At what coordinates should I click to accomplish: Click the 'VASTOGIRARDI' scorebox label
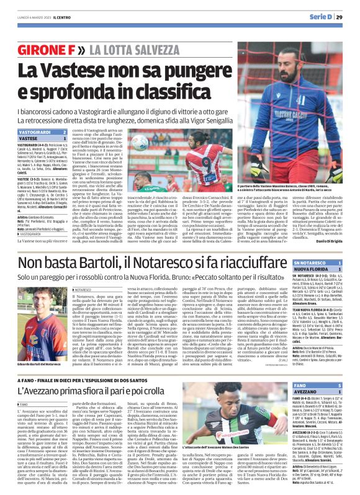point(31,133)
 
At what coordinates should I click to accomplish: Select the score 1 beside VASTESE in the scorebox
point(65,140)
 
